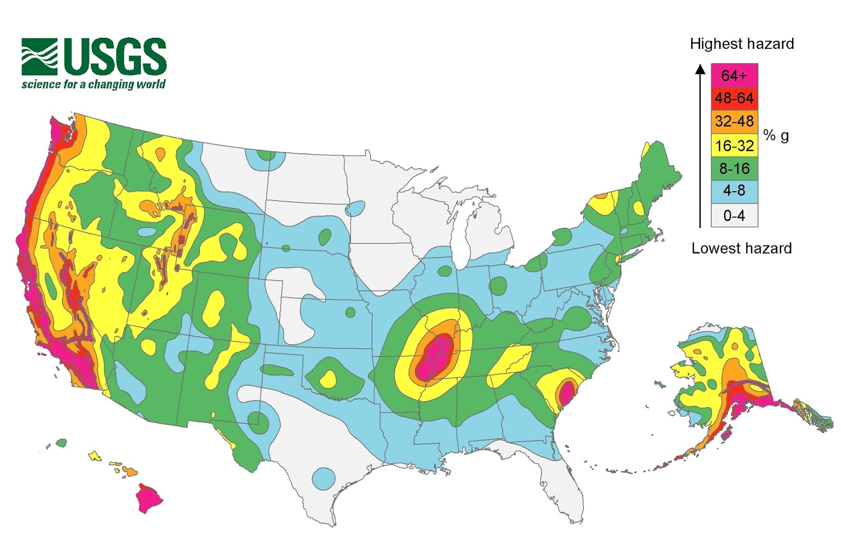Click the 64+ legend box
734,76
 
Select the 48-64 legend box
734,98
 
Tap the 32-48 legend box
734,121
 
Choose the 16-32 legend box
734,145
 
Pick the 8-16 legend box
734,169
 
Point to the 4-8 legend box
734,191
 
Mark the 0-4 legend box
734,215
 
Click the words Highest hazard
741,44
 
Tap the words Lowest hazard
741,248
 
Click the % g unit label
776,136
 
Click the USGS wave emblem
39,57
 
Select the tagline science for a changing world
94,85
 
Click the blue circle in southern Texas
323,479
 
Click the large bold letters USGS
115,56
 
